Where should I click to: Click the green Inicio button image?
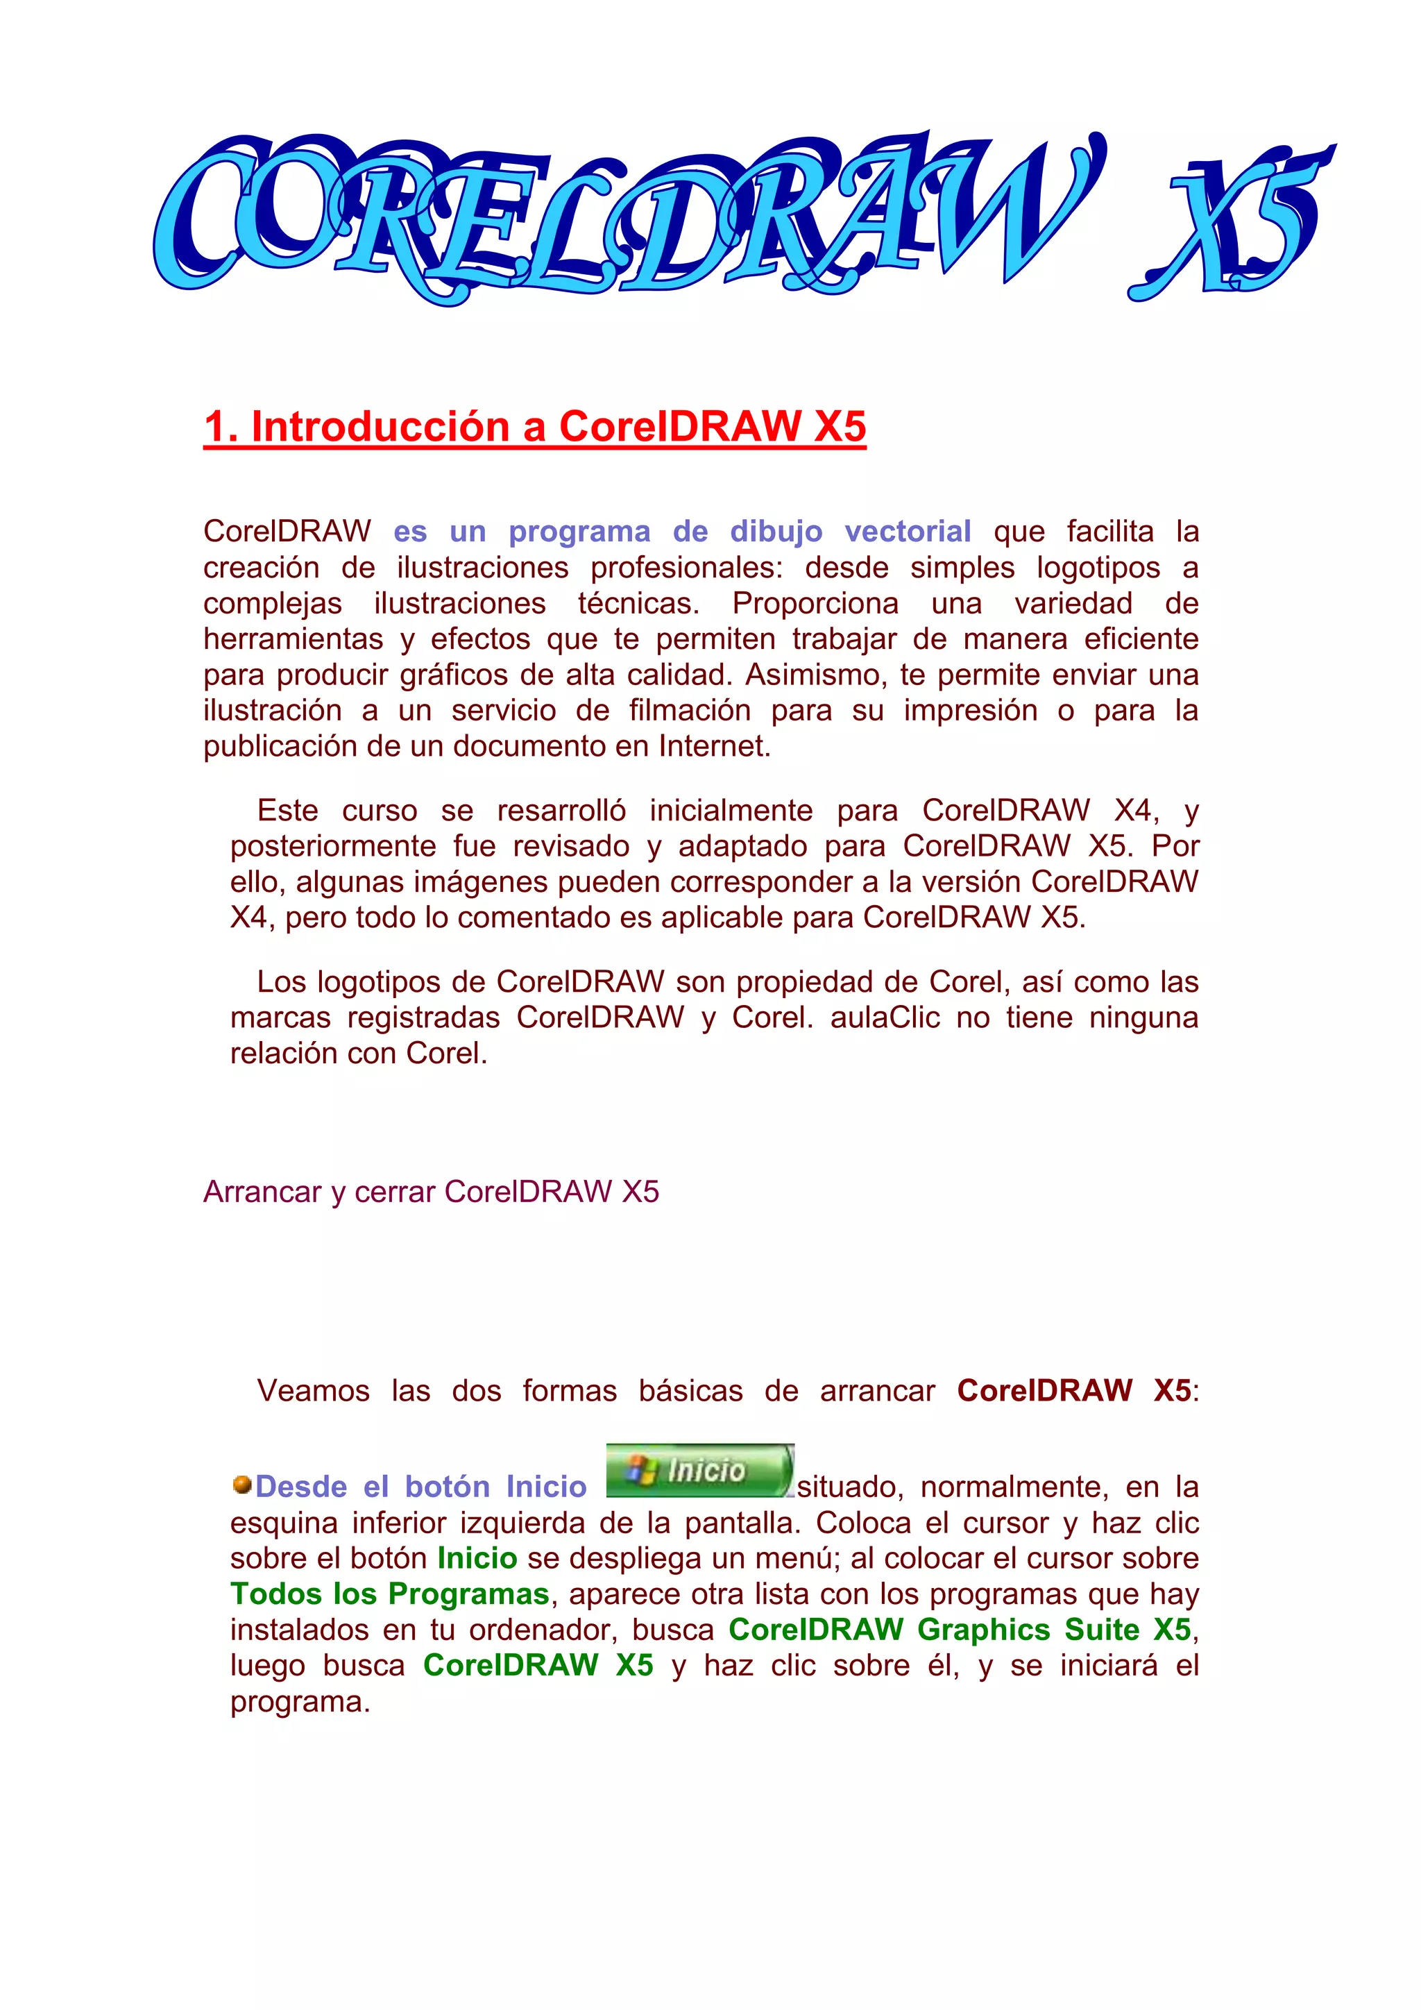(x=699, y=1470)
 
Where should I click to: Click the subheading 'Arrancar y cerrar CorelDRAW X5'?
(x=430, y=1192)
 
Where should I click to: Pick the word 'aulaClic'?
(x=885, y=1017)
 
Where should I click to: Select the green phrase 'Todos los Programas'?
(x=389, y=1594)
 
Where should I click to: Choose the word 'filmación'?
(x=690, y=710)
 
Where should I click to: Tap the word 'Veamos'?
(x=313, y=1390)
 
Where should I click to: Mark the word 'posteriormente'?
(x=332, y=847)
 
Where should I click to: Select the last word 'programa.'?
(x=300, y=1702)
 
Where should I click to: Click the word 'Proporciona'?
(x=815, y=603)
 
